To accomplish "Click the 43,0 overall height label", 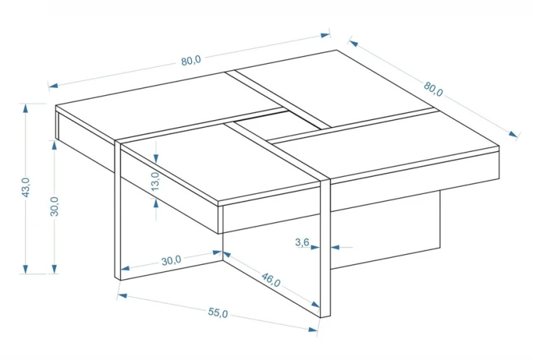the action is (x=26, y=187).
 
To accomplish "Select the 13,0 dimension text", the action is (x=155, y=181).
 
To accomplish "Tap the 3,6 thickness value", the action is (x=302, y=242).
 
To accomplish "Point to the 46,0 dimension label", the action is (x=271, y=279).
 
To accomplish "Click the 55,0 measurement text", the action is (x=218, y=313).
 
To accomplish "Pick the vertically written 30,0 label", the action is (x=55, y=206).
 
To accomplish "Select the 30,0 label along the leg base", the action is (x=171, y=261).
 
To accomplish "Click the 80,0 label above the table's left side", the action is (x=191, y=61).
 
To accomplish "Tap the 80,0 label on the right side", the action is (x=434, y=89).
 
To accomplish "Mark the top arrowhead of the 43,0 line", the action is (x=25, y=109).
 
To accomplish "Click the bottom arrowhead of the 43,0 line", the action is (x=25, y=269).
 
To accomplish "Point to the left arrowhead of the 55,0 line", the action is (x=122, y=295).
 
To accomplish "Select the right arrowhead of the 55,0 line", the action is (x=313, y=329).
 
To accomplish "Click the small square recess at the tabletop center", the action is (x=278, y=125).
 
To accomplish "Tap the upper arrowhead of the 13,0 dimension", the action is (x=156, y=158).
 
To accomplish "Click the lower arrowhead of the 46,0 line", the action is (x=316, y=305).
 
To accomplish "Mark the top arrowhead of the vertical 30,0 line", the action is (x=54, y=145).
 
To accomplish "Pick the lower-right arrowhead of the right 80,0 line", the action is (x=513, y=133).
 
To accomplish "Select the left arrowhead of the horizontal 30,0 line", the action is (x=125, y=268).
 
